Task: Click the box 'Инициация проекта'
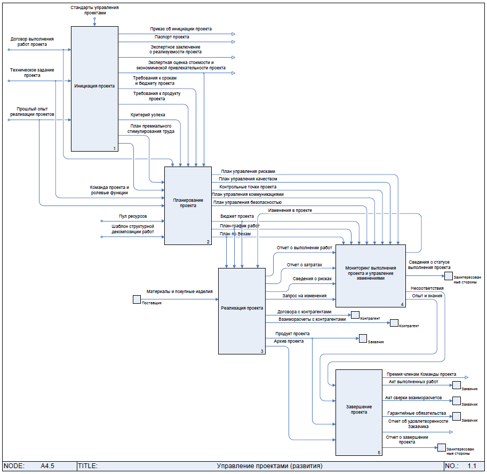(94, 89)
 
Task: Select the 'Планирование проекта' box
(188, 205)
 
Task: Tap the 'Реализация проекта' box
(242, 311)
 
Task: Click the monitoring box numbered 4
(370, 274)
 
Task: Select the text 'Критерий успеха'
(148, 115)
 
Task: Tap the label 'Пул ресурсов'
(133, 216)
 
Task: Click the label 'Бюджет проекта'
(237, 216)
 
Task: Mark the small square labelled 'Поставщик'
(137, 299)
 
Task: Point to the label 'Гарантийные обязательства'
(417, 413)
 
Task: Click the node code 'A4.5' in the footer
(47, 466)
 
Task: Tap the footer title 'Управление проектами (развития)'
(269, 466)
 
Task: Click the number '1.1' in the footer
(472, 466)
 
